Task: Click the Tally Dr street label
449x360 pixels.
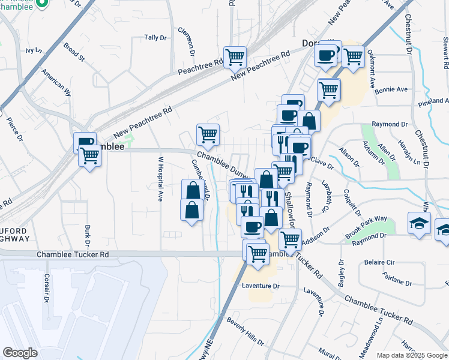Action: (155, 38)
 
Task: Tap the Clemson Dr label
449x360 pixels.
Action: (190, 38)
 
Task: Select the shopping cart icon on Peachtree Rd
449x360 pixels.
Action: (235, 57)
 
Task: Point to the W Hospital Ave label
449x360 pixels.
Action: (160, 179)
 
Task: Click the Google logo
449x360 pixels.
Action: (20, 352)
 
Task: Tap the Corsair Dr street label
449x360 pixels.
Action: (46, 289)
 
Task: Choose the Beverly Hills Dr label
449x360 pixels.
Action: (245, 331)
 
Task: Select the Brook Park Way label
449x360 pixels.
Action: (366, 227)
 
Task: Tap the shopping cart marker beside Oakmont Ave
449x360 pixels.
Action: (354, 56)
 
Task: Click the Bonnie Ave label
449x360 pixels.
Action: (391, 89)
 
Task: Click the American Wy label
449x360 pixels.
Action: (56, 82)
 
